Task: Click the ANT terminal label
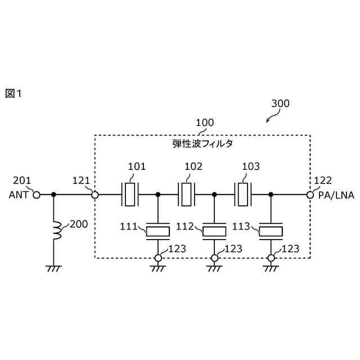[x=19, y=195]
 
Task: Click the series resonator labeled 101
[x=130, y=195]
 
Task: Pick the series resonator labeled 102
[x=187, y=195]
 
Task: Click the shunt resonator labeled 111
[x=158, y=230]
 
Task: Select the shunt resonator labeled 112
[x=214, y=230]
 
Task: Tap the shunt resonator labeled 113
[x=271, y=230]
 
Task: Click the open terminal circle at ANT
[x=37, y=195]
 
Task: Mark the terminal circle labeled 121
[x=95, y=195]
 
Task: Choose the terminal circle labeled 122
[x=309, y=195]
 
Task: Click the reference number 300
[x=280, y=103]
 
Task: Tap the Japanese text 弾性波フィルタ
[x=202, y=144]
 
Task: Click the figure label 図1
[x=13, y=93]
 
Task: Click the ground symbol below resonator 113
[x=271, y=268]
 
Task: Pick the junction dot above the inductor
[x=54, y=195]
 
